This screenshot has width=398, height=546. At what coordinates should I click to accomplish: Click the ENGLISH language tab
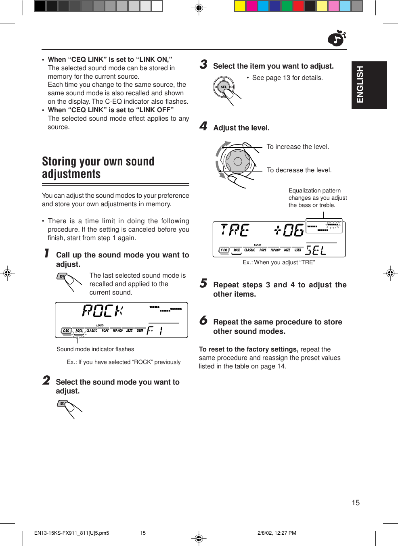point(369,85)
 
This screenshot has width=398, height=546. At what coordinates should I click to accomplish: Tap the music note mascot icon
point(337,39)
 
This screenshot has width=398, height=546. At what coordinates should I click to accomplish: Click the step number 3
point(203,65)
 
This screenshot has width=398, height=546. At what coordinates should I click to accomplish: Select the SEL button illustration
point(224,87)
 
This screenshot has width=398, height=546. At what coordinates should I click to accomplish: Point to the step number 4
point(203,126)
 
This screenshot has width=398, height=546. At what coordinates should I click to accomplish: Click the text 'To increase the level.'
point(297,147)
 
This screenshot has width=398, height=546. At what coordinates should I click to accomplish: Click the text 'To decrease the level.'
point(299,170)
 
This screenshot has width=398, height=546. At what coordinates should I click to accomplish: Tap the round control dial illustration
point(237,161)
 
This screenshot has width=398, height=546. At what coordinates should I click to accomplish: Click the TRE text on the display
point(235,230)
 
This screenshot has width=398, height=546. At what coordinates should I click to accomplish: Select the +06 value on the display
point(289,230)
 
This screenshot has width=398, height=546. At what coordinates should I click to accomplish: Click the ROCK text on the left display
point(103,311)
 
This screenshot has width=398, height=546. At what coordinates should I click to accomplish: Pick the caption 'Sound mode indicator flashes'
point(95,349)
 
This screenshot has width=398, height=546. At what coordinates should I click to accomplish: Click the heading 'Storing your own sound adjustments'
point(98,167)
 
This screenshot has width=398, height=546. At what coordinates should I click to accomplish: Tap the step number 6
point(203,321)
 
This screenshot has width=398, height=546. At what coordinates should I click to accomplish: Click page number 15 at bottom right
point(355,503)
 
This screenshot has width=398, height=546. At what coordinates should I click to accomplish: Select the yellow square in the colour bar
point(240,6)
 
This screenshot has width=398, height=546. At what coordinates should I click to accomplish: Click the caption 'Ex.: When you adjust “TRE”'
point(279,262)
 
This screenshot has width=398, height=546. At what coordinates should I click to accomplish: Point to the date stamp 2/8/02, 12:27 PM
point(277,533)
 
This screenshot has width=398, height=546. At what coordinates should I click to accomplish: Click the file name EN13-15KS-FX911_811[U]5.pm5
point(71,533)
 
